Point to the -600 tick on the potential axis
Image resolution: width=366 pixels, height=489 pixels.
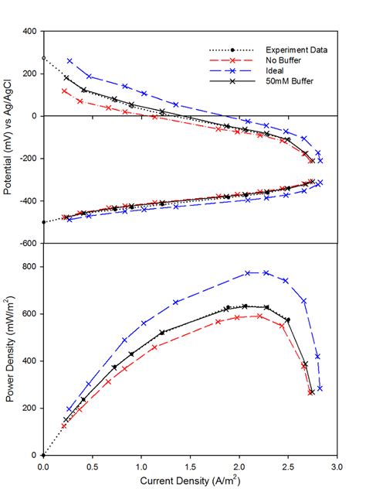pyautogui.click(x=29, y=243)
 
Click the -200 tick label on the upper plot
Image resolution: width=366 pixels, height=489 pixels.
pyautogui.click(x=29, y=159)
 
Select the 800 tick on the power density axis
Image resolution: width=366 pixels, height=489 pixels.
pyautogui.click(x=30, y=267)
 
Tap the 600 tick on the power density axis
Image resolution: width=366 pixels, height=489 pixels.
pyautogui.click(x=30, y=314)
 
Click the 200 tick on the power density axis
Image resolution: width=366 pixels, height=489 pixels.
pyautogui.click(x=30, y=408)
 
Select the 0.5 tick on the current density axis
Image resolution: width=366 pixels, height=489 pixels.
pyautogui.click(x=92, y=466)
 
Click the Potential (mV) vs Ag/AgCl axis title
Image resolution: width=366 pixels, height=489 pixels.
pyautogui.click(x=11, y=137)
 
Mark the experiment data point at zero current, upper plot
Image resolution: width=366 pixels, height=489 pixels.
pyautogui.click(x=43, y=58)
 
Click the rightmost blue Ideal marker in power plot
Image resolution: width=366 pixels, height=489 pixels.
pyautogui.click(x=320, y=388)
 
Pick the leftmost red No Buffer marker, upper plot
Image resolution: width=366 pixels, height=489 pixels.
pyautogui.click(x=65, y=91)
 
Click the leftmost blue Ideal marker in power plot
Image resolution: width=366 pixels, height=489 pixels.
pyautogui.click(x=69, y=409)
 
